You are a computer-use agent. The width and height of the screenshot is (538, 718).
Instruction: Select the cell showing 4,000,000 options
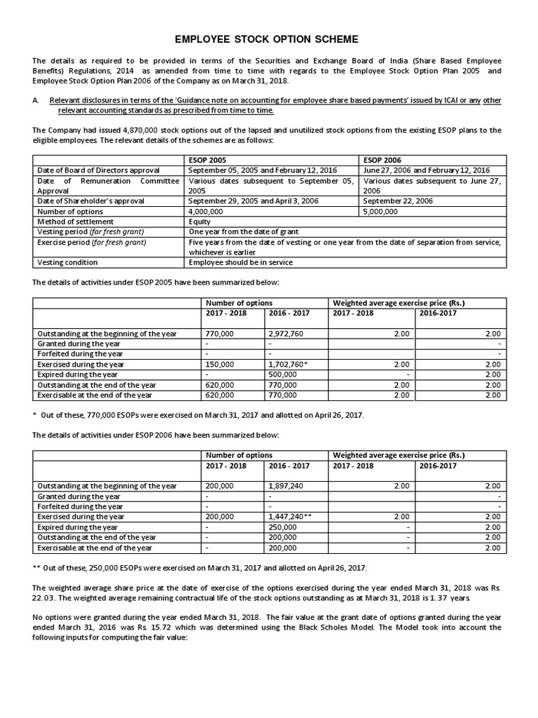[x=207, y=211]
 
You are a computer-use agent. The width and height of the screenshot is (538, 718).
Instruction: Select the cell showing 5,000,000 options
[x=380, y=211]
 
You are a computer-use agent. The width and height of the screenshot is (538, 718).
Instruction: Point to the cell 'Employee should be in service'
[x=240, y=262]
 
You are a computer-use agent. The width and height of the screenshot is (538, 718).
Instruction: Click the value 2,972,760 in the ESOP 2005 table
[x=286, y=334]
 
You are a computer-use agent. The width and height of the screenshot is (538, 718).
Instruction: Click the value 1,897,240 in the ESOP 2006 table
[x=286, y=485]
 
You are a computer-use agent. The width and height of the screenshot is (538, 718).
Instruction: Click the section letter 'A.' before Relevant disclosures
[x=36, y=101]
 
